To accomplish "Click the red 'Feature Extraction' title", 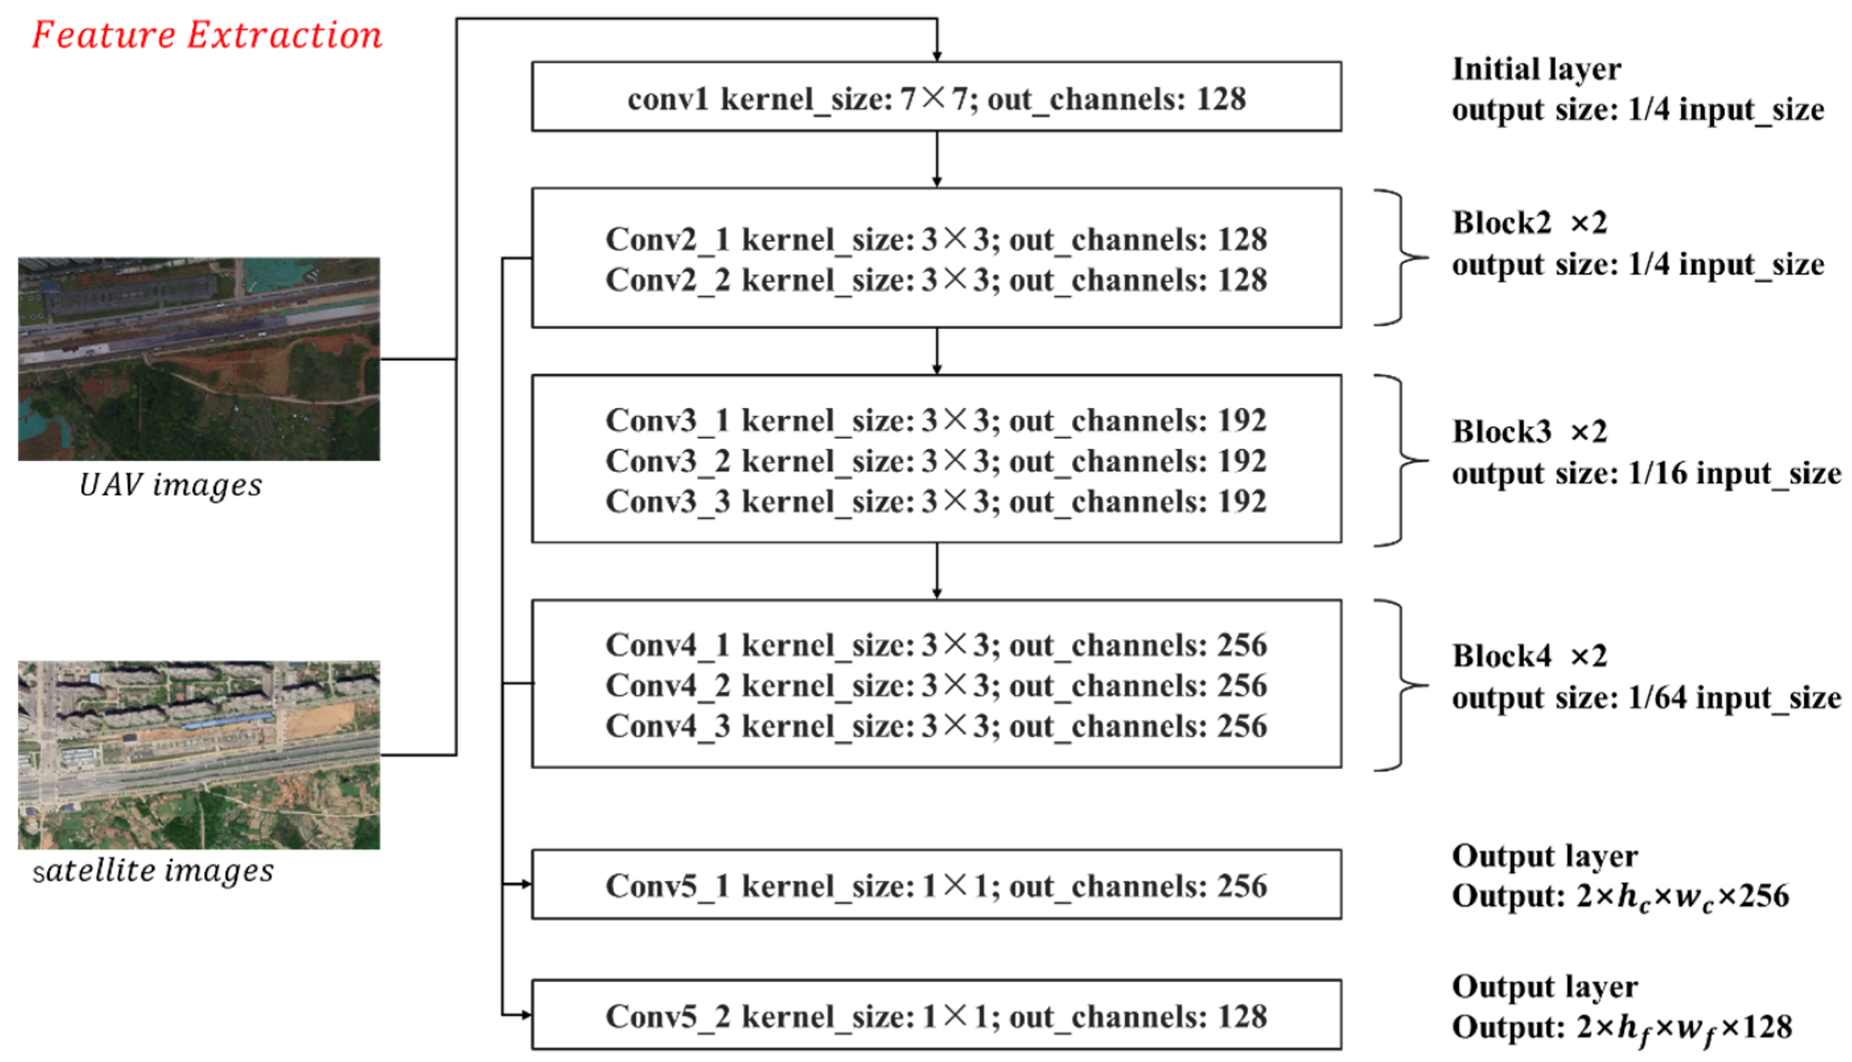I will click(207, 35).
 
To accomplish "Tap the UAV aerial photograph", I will click(199, 358).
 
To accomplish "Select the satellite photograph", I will click(199, 754).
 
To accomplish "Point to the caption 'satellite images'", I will click(154, 870).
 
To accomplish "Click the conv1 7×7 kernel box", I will click(936, 97).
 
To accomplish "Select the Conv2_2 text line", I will click(936, 280).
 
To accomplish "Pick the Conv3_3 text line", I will click(936, 502).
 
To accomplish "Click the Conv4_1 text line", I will click(936, 646).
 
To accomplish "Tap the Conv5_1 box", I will click(936, 885).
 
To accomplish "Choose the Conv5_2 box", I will click(936, 1015).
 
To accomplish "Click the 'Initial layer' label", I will click(1536, 69).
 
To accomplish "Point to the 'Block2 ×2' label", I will click(1529, 223).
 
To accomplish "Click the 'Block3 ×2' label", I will click(1529, 432).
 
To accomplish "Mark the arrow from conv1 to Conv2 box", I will click(937, 159).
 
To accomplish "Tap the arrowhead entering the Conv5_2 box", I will click(525, 1015).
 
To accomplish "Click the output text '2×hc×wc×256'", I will click(1682, 897).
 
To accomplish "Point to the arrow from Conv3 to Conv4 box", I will click(937, 571).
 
